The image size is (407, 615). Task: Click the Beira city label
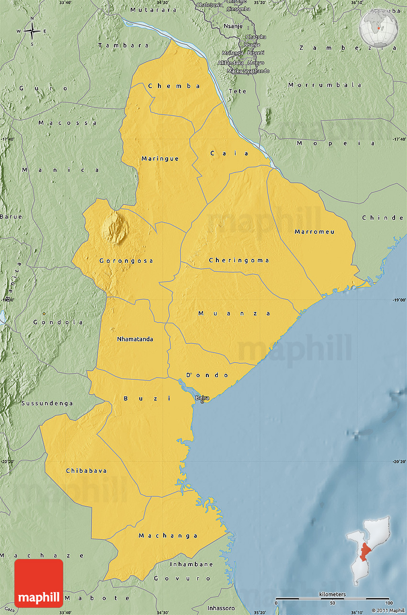tap(202, 398)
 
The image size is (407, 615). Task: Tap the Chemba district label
tap(174, 86)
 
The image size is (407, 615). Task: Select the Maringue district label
tap(160, 158)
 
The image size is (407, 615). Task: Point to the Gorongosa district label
tap(126, 261)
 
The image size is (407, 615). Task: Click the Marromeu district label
tap(315, 232)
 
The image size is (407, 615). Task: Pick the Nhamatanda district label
tap(135, 339)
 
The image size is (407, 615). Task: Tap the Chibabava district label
tap(86, 471)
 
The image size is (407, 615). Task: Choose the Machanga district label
tap(168, 536)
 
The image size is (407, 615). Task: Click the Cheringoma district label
tap(239, 260)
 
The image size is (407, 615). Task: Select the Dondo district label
tap(207, 375)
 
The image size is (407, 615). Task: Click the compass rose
tap(32, 31)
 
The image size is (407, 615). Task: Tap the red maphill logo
tap(39, 583)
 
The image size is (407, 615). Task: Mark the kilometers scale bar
tap(332, 598)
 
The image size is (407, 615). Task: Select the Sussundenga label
tap(47, 403)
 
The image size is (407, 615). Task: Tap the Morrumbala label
tap(325, 85)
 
